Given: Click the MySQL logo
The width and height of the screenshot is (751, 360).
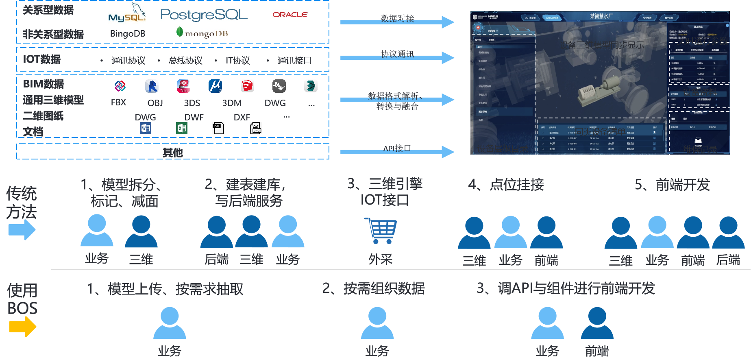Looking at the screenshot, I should click(127, 15).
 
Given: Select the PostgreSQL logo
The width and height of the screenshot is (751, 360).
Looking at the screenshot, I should click(204, 15).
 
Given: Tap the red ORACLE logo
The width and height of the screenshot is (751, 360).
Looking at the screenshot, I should click(290, 14).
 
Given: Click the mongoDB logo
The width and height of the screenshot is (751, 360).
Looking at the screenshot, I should click(202, 33).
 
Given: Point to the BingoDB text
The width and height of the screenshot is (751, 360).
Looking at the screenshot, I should click(127, 34).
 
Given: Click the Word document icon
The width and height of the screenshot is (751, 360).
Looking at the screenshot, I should click(146, 129).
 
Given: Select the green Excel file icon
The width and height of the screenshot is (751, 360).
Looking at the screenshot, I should click(182, 129).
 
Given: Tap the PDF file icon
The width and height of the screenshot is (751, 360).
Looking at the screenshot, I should click(218, 128).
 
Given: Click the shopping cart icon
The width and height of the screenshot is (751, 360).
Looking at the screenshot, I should click(381, 231).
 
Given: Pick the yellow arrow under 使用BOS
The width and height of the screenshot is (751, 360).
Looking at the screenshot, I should click(22, 327).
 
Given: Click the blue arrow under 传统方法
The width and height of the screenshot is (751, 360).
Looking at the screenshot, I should click(22, 230).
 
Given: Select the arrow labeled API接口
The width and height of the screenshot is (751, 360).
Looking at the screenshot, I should click(397, 152).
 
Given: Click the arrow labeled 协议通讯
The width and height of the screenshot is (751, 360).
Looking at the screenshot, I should click(397, 57).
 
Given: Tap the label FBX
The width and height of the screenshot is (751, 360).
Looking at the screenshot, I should click(118, 103).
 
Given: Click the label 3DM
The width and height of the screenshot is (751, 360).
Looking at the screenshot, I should click(232, 103).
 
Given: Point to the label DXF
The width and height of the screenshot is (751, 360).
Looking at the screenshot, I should click(242, 117).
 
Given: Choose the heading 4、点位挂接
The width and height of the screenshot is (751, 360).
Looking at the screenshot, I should click(506, 185).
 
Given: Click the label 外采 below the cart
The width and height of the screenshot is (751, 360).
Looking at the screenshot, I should click(381, 259).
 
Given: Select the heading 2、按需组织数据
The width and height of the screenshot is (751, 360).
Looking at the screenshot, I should click(373, 288).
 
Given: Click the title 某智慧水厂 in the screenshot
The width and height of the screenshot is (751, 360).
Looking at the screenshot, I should click(601, 16).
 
